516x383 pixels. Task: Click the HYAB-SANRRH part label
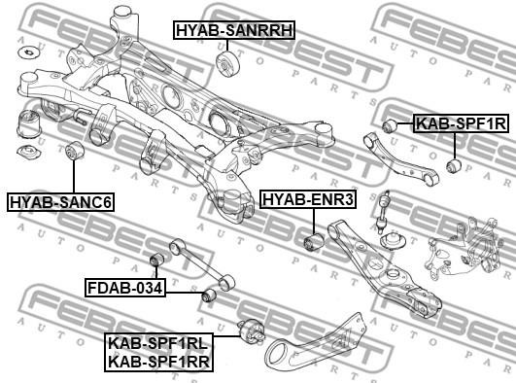[234, 30]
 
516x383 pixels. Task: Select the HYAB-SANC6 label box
[60, 201]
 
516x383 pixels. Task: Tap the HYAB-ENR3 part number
[308, 199]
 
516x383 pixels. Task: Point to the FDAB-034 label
[124, 288]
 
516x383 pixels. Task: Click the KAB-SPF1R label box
[461, 123]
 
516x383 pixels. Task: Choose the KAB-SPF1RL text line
[158, 344]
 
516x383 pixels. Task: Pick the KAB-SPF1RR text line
[158, 362]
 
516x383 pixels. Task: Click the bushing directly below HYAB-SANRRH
[227, 64]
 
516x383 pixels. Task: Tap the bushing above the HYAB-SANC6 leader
[75, 150]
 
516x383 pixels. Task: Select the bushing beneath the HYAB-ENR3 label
[314, 242]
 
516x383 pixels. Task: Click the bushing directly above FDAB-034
[156, 260]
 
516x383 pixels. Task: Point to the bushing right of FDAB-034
[208, 295]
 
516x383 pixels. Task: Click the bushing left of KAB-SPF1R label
[391, 124]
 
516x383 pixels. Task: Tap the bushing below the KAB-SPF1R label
[454, 165]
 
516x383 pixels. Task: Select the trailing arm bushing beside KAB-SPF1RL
[251, 331]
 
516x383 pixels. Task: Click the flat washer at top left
[29, 52]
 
